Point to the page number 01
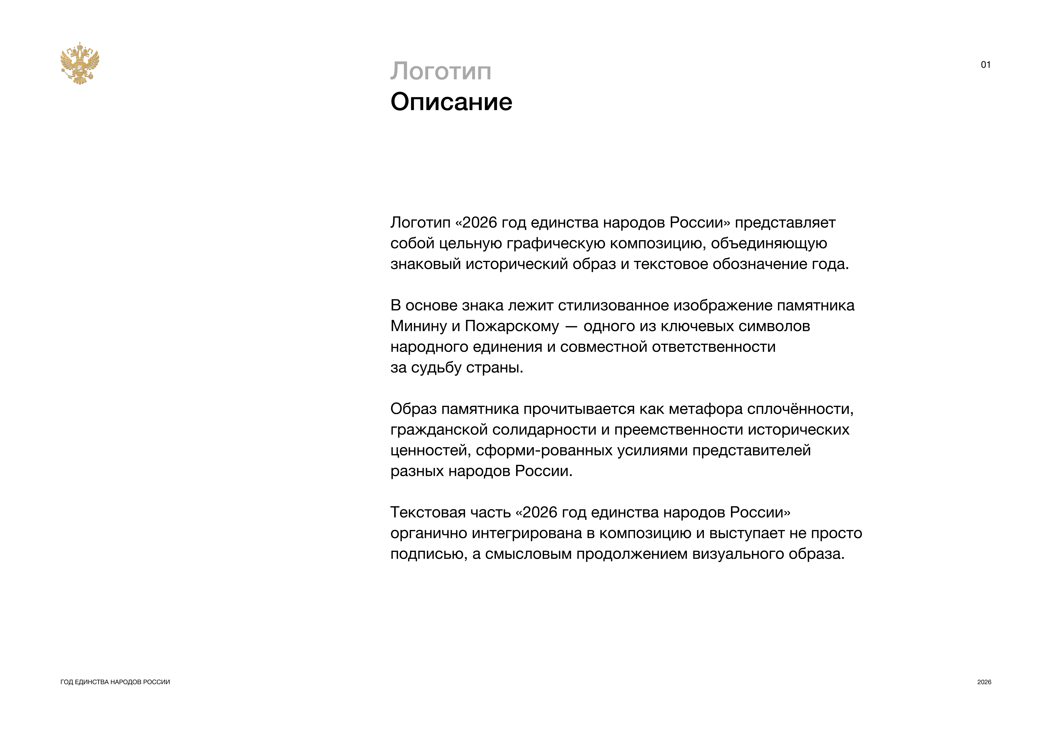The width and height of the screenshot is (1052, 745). pos(985,65)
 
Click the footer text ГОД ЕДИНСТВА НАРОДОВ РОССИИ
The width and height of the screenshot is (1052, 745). pos(115,682)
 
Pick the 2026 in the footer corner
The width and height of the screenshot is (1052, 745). pos(984,682)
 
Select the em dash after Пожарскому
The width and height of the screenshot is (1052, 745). pos(571,326)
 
